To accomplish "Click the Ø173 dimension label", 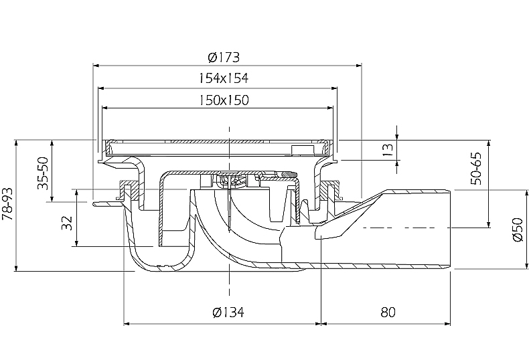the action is (224, 58).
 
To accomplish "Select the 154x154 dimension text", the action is (223, 78).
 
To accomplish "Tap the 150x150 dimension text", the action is (224, 100).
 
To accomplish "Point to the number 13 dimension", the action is (388, 149).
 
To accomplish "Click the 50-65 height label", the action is (476, 169).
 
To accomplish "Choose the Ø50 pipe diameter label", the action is (518, 230).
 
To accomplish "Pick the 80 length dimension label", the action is (388, 312).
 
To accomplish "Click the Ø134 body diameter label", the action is (228, 312).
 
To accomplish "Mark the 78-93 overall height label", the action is (7, 204).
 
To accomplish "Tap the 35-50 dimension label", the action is (43, 173).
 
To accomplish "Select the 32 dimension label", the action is (67, 223).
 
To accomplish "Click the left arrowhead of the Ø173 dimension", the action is (96, 65).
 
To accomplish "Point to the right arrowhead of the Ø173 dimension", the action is (358, 65).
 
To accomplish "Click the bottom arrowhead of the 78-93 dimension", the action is (16, 268).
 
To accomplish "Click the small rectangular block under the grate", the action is (302, 150).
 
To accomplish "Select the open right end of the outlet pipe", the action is (450, 230).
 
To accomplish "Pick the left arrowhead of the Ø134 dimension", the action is (127, 324).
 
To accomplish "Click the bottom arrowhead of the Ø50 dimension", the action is (526, 266).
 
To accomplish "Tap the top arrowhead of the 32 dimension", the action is (77, 193).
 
